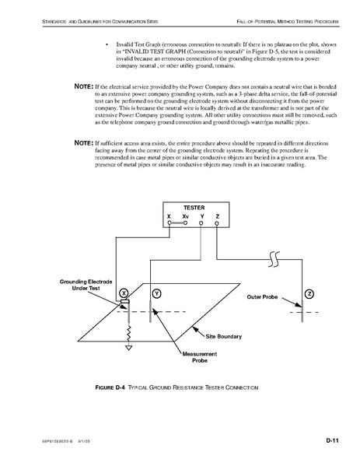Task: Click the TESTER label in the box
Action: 194,208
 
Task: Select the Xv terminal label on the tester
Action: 185,216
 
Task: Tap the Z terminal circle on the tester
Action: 217,223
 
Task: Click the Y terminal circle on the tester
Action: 201,223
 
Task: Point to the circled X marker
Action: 124,293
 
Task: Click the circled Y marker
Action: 156,293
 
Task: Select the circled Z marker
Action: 309,294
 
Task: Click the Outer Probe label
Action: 262,297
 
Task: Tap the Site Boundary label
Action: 224,336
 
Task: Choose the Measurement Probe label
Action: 200,357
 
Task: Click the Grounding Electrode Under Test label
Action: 86,285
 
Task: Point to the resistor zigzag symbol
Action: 128,334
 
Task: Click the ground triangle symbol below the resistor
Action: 128,348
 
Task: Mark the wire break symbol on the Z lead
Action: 274,259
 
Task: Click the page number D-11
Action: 332,440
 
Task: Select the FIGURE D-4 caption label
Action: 110,387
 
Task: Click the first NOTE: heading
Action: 84,86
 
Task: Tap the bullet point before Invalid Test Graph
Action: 107,45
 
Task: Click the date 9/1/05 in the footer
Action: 84,441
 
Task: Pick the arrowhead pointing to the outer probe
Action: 299,304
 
